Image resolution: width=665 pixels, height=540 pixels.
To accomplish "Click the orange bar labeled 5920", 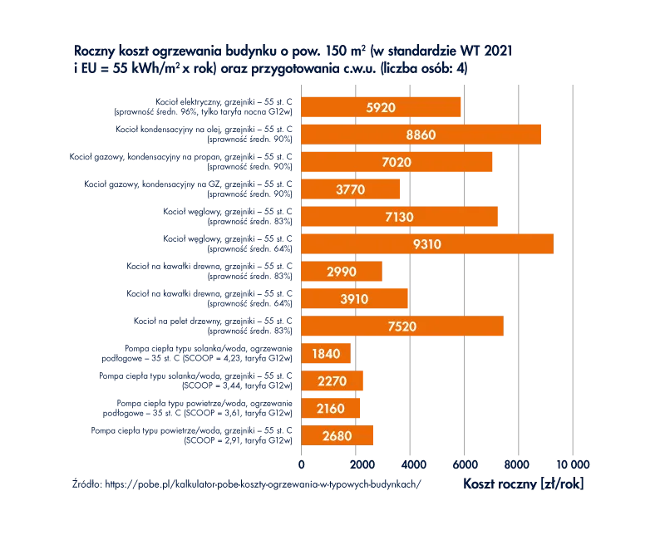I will point(380,107).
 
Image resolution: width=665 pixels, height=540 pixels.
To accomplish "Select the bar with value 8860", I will point(421,135).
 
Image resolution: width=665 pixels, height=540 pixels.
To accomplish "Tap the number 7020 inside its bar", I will point(397,162).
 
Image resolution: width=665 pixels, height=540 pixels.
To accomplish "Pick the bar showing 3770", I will point(350,189).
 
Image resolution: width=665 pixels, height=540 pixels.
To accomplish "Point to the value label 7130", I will point(398,217).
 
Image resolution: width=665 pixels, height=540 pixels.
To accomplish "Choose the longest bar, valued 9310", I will point(426,244).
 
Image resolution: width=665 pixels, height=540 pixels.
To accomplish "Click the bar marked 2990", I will point(342,272).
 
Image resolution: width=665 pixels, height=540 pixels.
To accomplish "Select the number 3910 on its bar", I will point(352,299).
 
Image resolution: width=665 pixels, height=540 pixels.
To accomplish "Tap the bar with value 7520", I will point(402,326).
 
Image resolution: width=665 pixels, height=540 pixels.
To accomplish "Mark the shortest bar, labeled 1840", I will point(325,354).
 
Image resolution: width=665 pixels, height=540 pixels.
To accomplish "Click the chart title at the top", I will point(291,61).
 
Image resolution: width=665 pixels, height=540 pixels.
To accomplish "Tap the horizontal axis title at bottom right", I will point(524,483).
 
